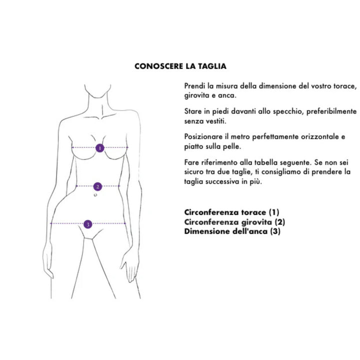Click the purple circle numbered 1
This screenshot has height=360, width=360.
[100, 148]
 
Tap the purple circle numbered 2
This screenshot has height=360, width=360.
[98, 186]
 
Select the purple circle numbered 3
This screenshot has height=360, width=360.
[88, 224]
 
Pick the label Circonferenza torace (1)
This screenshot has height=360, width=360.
[231, 212]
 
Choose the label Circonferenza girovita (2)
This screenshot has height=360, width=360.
[234, 221]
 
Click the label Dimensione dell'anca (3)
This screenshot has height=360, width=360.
[232, 231]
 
